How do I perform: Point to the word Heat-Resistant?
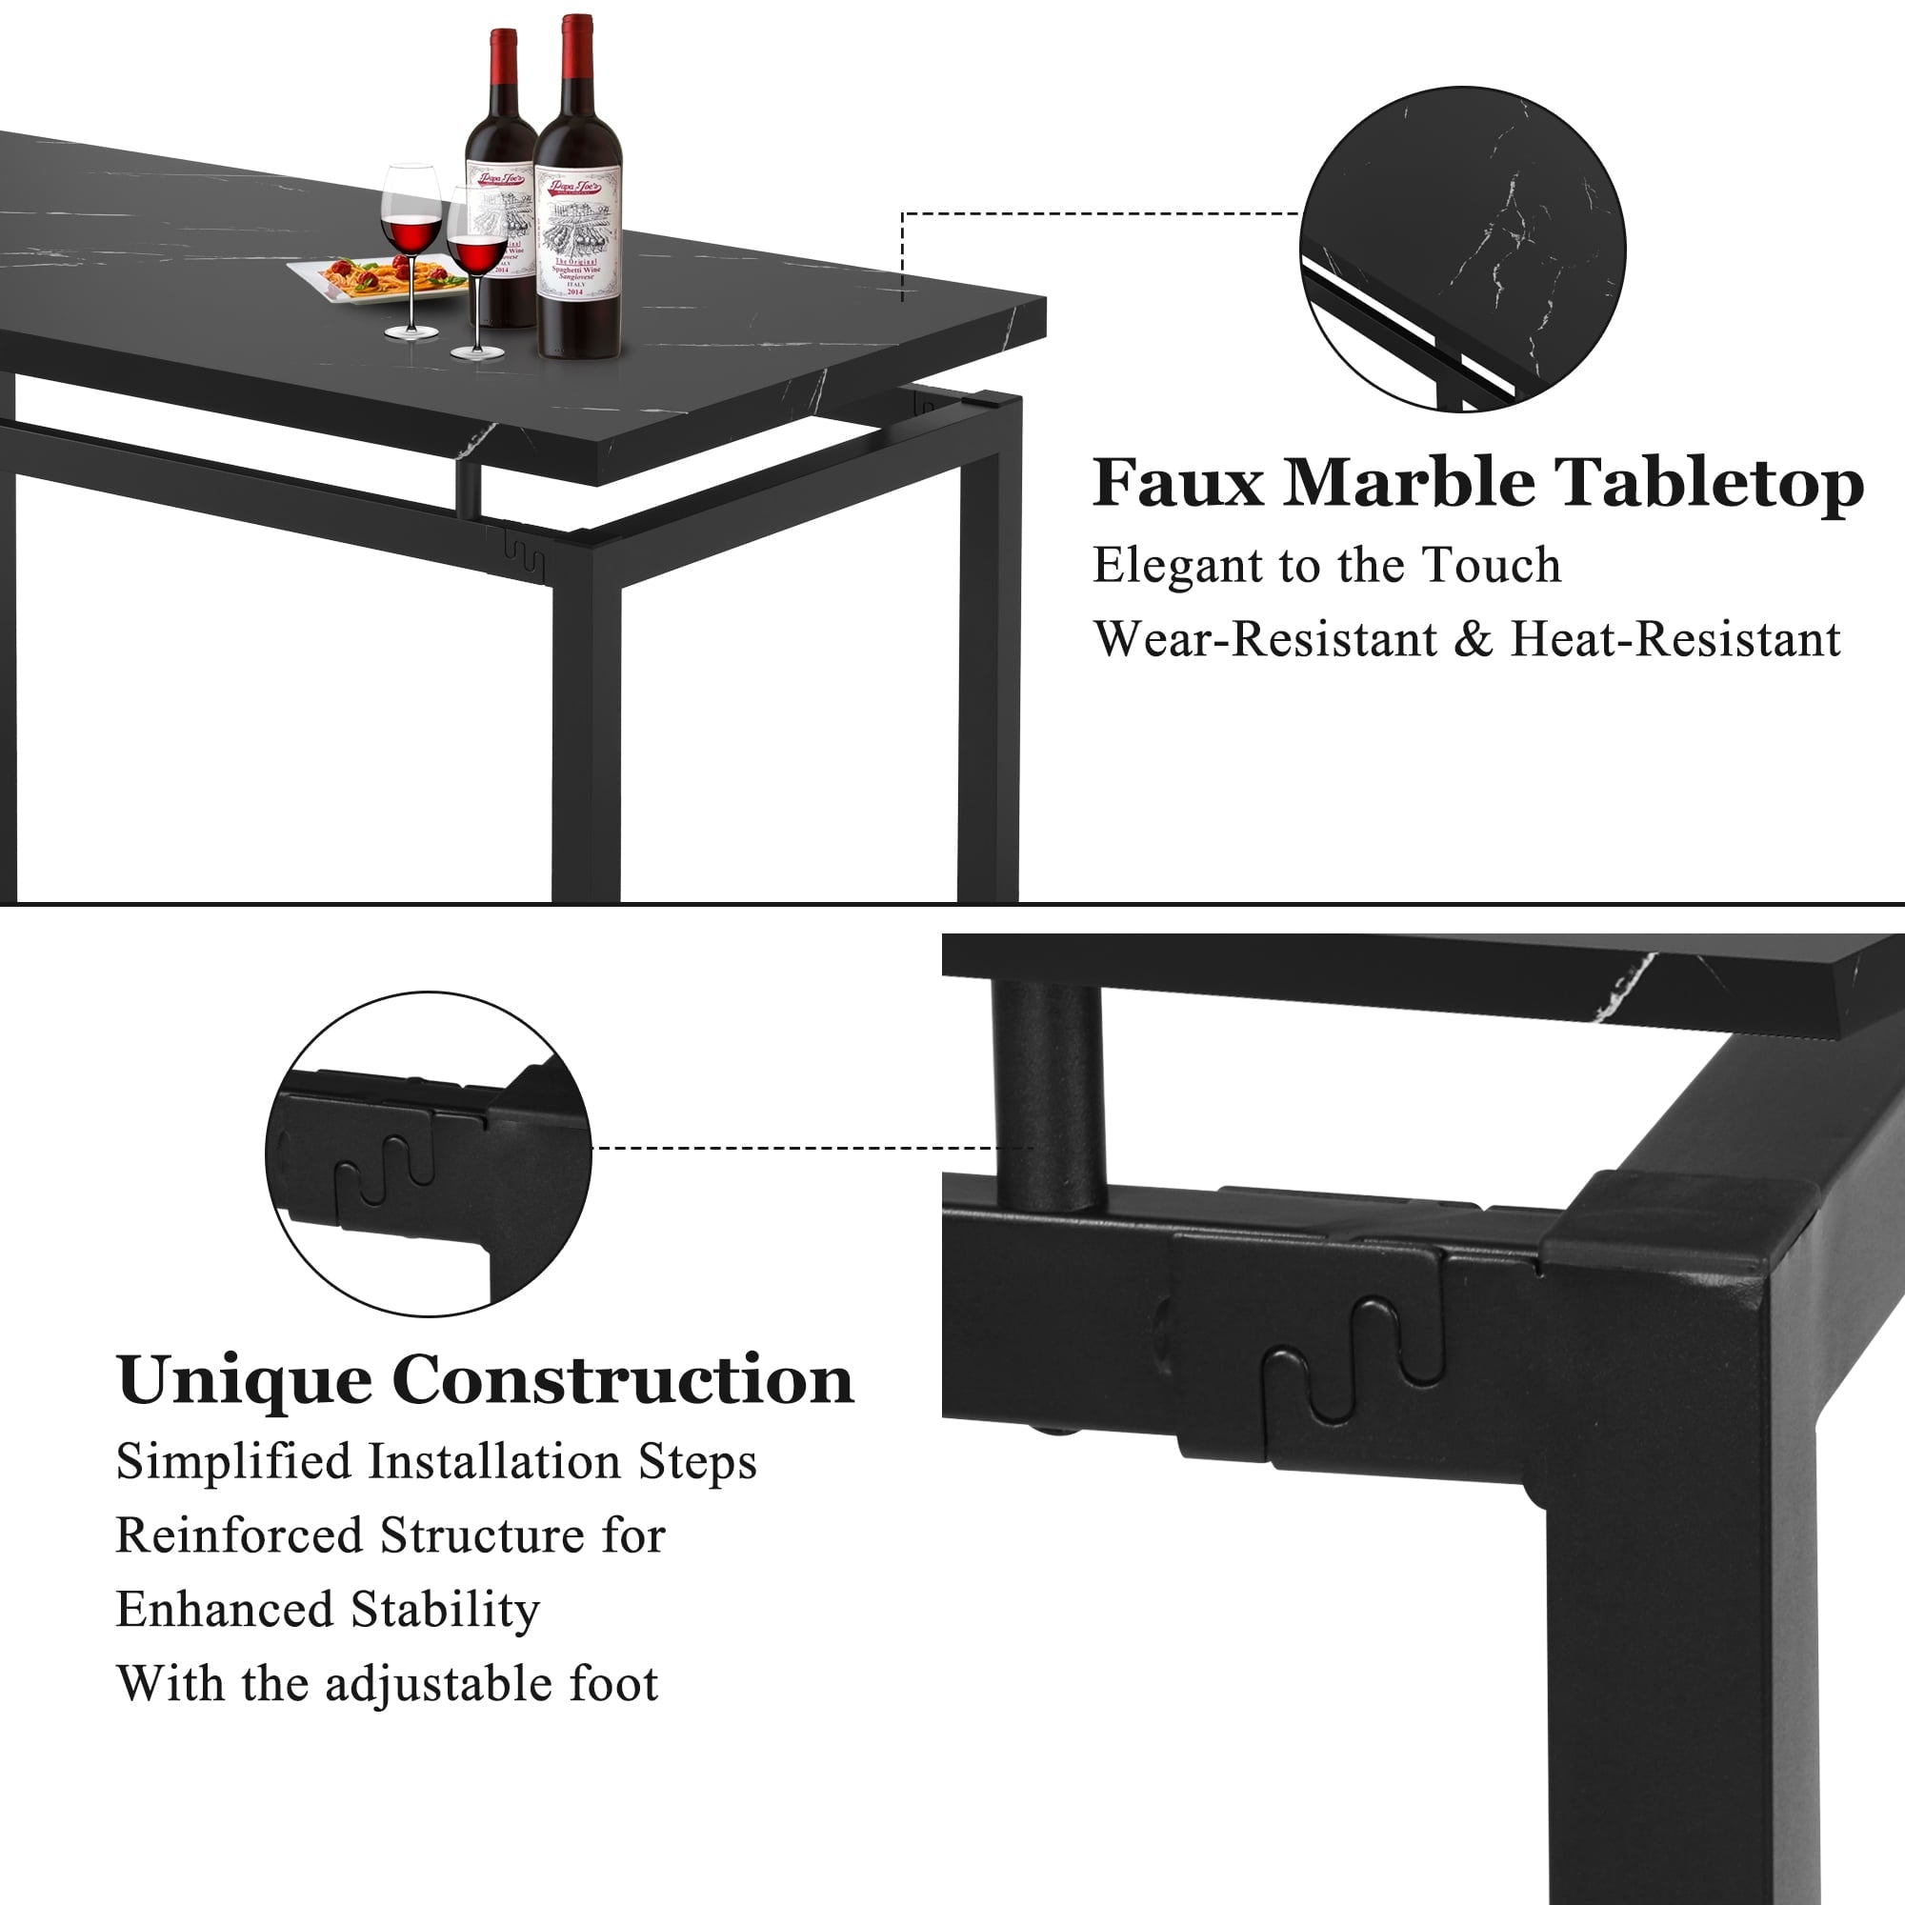[1675, 639]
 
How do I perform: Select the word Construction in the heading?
[623, 1380]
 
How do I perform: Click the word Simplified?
[233, 1462]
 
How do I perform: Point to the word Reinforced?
[240, 1536]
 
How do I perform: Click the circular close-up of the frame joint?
[428, 1153]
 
